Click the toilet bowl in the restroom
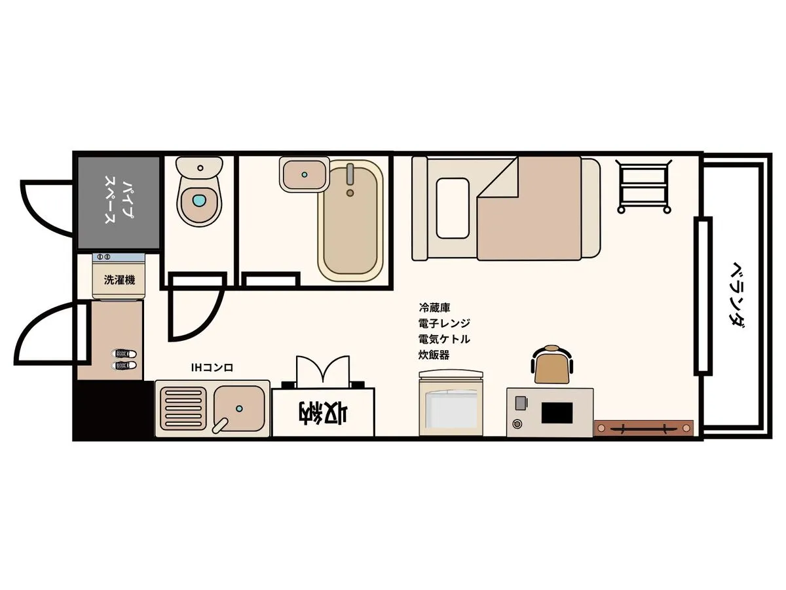coord(199,191)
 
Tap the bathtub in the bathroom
coord(350,221)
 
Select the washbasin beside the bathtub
coord(305,175)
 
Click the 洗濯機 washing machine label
coord(120,280)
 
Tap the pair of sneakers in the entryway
coord(124,359)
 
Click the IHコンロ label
coord(212,368)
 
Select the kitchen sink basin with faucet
coord(239,409)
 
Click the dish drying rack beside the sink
coord(183,408)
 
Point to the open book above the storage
coord(323,372)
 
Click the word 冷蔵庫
coord(434,307)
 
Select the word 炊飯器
coord(434,355)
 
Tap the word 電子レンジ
coord(444,323)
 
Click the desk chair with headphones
coord(552,364)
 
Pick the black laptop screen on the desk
coord(557,413)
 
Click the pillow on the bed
coord(453,208)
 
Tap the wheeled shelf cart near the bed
coord(643,187)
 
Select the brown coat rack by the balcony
coord(643,428)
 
